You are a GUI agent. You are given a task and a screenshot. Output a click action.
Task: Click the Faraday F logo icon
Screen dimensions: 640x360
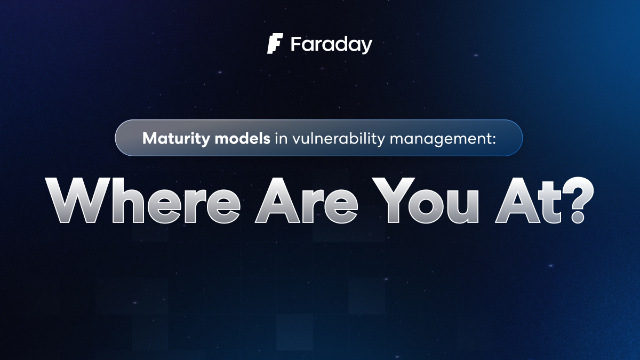[x=275, y=43]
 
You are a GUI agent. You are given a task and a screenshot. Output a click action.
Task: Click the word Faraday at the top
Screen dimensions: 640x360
[x=331, y=45]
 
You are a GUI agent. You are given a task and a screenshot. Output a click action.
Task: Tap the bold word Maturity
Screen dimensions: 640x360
[x=177, y=139]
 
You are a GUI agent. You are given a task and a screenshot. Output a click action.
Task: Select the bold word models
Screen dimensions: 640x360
[x=243, y=138]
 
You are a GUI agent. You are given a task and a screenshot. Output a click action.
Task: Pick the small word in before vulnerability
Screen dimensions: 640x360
[x=281, y=139]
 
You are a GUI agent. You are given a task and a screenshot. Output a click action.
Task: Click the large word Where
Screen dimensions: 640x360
[x=143, y=199]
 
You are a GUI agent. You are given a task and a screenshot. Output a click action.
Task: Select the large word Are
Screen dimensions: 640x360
[x=306, y=201]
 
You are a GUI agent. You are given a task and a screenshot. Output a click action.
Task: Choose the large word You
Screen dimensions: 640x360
[x=425, y=201]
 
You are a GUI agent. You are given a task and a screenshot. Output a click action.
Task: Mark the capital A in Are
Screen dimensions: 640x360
[x=277, y=200]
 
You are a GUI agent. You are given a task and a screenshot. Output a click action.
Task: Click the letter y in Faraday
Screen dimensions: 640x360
[x=365, y=46]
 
